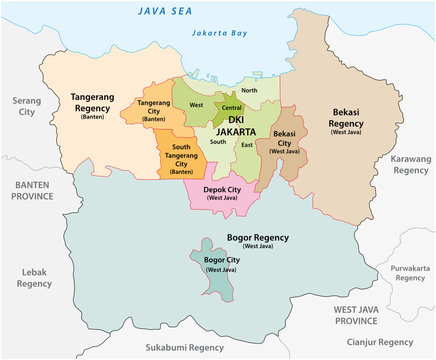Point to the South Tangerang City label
point(180,158)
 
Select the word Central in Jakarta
point(231,107)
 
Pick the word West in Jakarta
point(195,104)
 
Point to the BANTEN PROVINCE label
point(37,191)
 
